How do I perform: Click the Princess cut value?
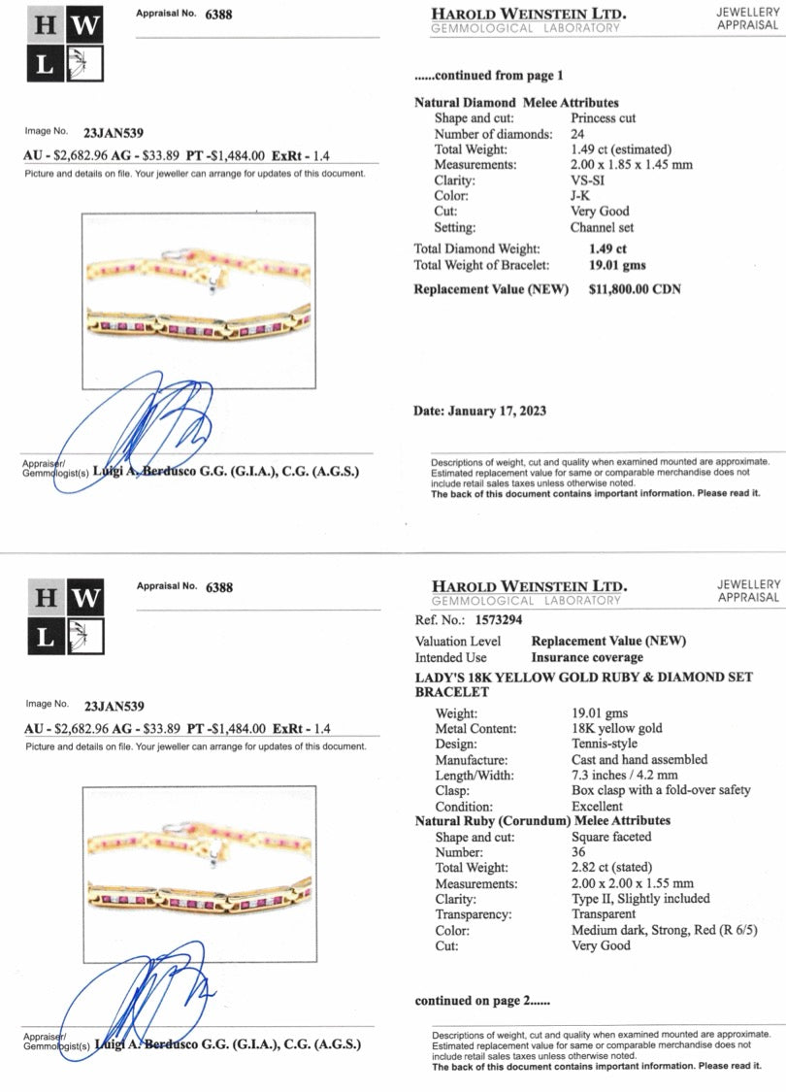click(x=603, y=118)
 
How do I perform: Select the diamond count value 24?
click(x=577, y=134)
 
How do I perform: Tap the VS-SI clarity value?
click(x=589, y=181)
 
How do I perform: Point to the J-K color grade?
click(x=581, y=196)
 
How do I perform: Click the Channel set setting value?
click(x=605, y=228)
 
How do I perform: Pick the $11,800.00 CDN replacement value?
click(x=636, y=290)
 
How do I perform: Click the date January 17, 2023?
click(x=497, y=411)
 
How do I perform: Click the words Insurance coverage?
click(x=587, y=658)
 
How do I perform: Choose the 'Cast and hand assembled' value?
click(x=639, y=759)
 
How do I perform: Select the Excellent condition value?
click(x=598, y=807)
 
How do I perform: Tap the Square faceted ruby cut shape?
click(x=611, y=837)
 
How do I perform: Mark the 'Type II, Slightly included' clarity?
click(x=640, y=899)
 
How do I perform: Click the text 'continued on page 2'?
click(x=481, y=1001)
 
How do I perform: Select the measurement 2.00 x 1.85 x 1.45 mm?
click(x=632, y=165)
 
